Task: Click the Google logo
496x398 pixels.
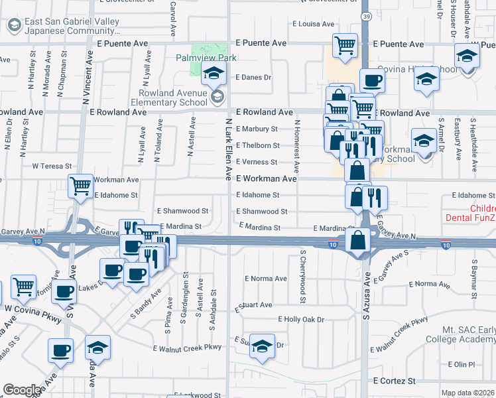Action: point(22,390)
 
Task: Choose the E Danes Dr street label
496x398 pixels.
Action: point(253,77)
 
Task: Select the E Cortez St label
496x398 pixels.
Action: point(394,381)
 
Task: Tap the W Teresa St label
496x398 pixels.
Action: point(52,166)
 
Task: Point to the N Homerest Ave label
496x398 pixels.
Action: point(297,144)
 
